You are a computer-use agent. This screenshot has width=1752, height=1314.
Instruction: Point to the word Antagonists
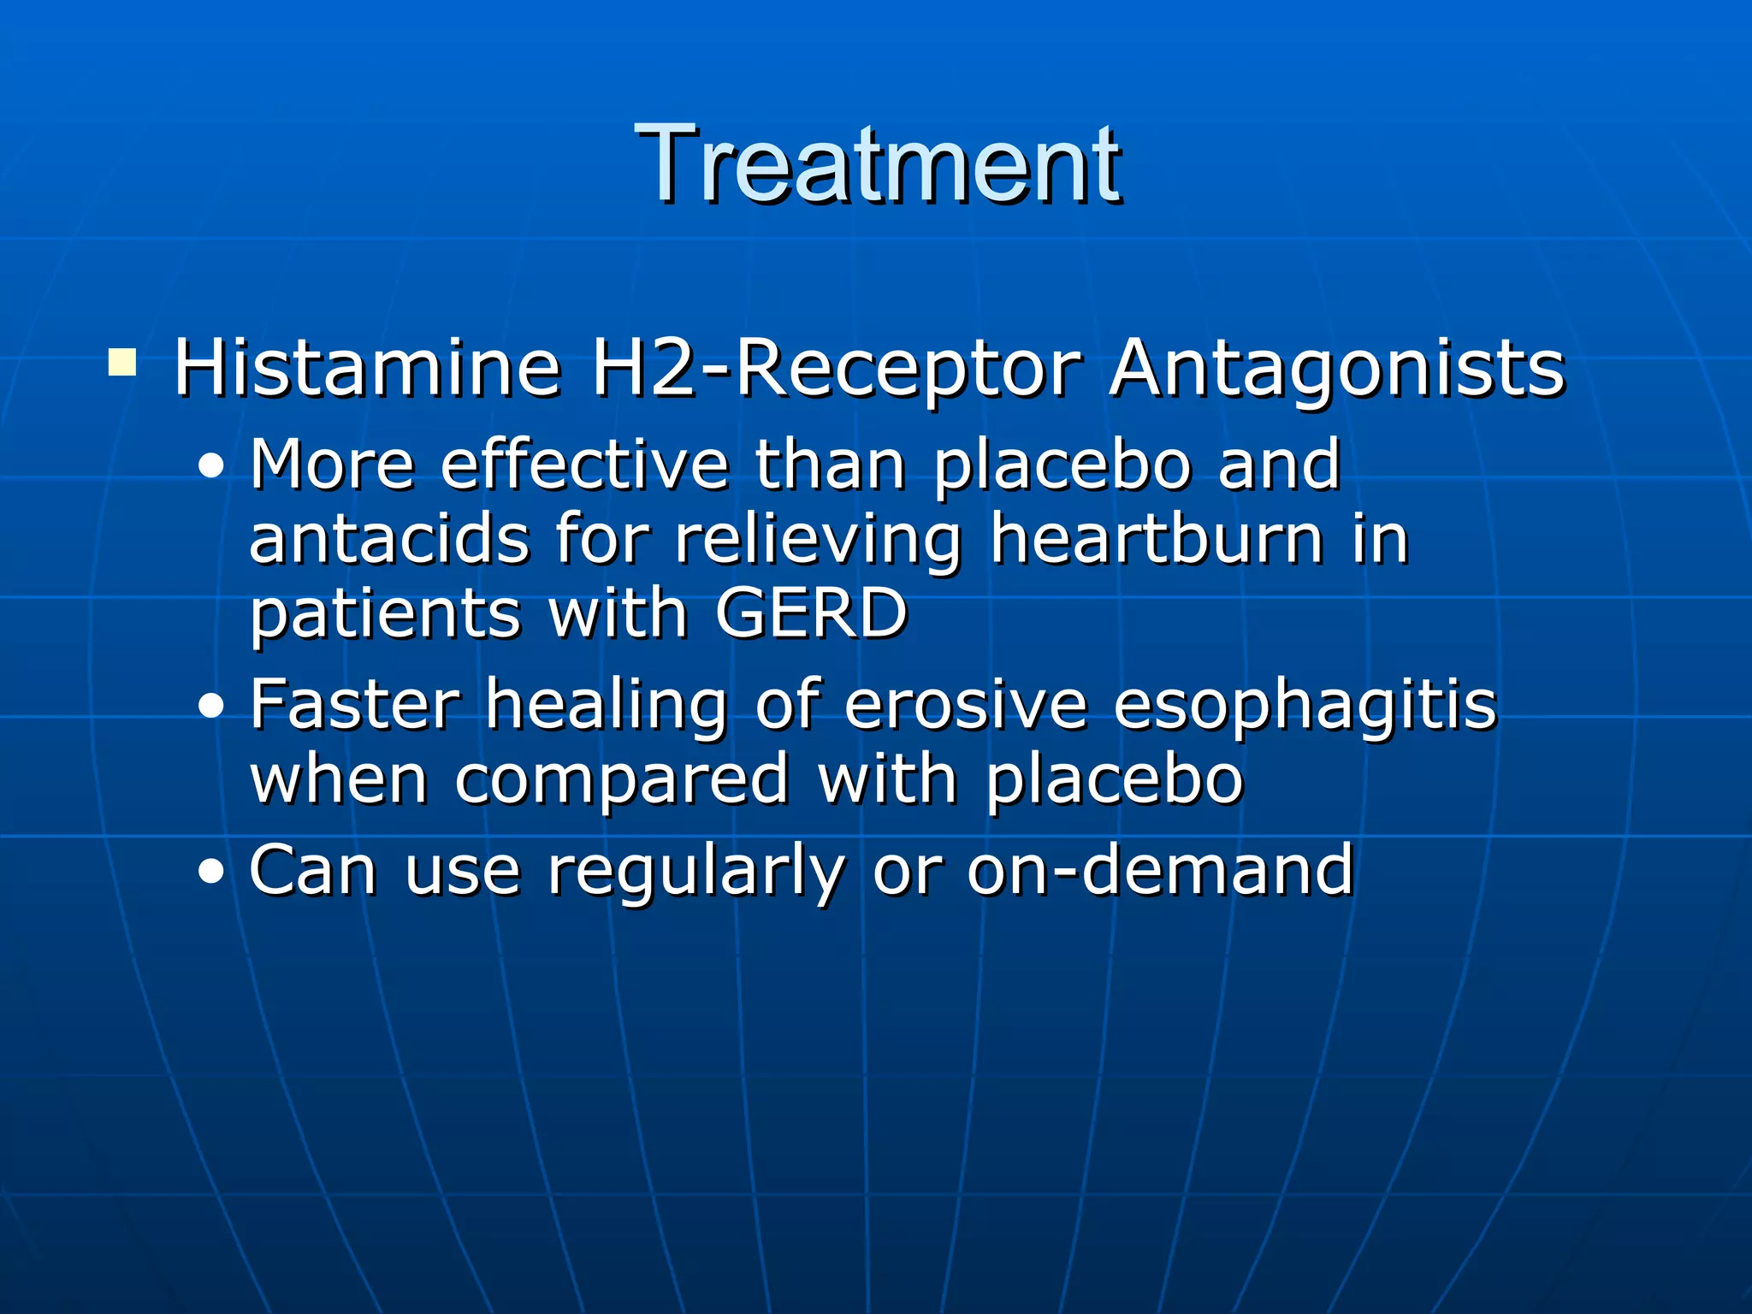pyautogui.click(x=1337, y=370)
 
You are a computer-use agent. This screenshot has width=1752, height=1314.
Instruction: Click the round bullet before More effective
pyautogui.click(x=210, y=467)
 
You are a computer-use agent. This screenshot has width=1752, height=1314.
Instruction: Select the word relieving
pyautogui.click(x=819, y=542)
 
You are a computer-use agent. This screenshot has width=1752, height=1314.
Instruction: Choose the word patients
pyautogui.click(x=385, y=614)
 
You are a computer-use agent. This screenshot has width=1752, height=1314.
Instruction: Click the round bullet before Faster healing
pyautogui.click(x=210, y=707)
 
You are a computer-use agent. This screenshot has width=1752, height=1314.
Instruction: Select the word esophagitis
pyautogui.click(x=1305, y=706)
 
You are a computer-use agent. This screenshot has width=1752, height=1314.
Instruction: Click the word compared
pyautogui.click(x=622, y=781)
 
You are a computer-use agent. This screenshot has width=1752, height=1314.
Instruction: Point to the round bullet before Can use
pyautogui.click(x=210, y=873)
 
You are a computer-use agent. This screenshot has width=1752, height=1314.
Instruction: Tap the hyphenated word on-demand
pyautogui.click(x=1160, y=870)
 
